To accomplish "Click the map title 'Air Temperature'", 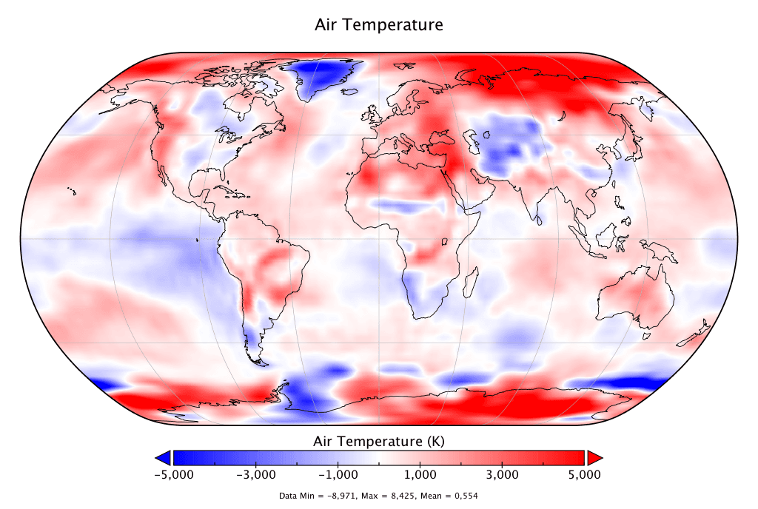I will pyautogui.click(x=379, y=25).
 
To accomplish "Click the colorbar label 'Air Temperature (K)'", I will pyautogui.click(x=379, y=442).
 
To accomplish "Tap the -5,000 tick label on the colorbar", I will pyautogui.click(x=173, y=474).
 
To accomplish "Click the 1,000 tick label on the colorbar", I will pyautogui.click(x=420, y=474).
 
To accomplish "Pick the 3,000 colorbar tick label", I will pyautogui.click(x=502, y=474).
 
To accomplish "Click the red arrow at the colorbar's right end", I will pyautogui.click(x=594, y=456).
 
